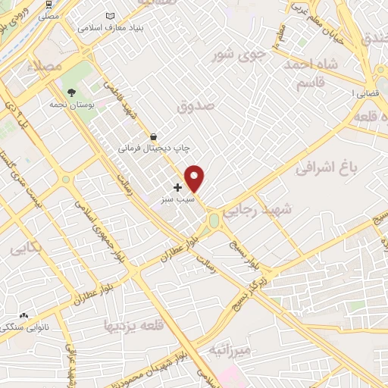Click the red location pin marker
click(195, 178)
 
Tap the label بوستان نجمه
click(68, 106)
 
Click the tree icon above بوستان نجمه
click(71, 92)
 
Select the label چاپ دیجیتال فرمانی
click(152, 149)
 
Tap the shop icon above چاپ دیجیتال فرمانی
click(155, 137)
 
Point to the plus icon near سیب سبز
click(177, 186)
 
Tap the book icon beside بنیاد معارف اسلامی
click(111, 16)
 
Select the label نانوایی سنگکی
click(20, 328)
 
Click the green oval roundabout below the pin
click(214, 221)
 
